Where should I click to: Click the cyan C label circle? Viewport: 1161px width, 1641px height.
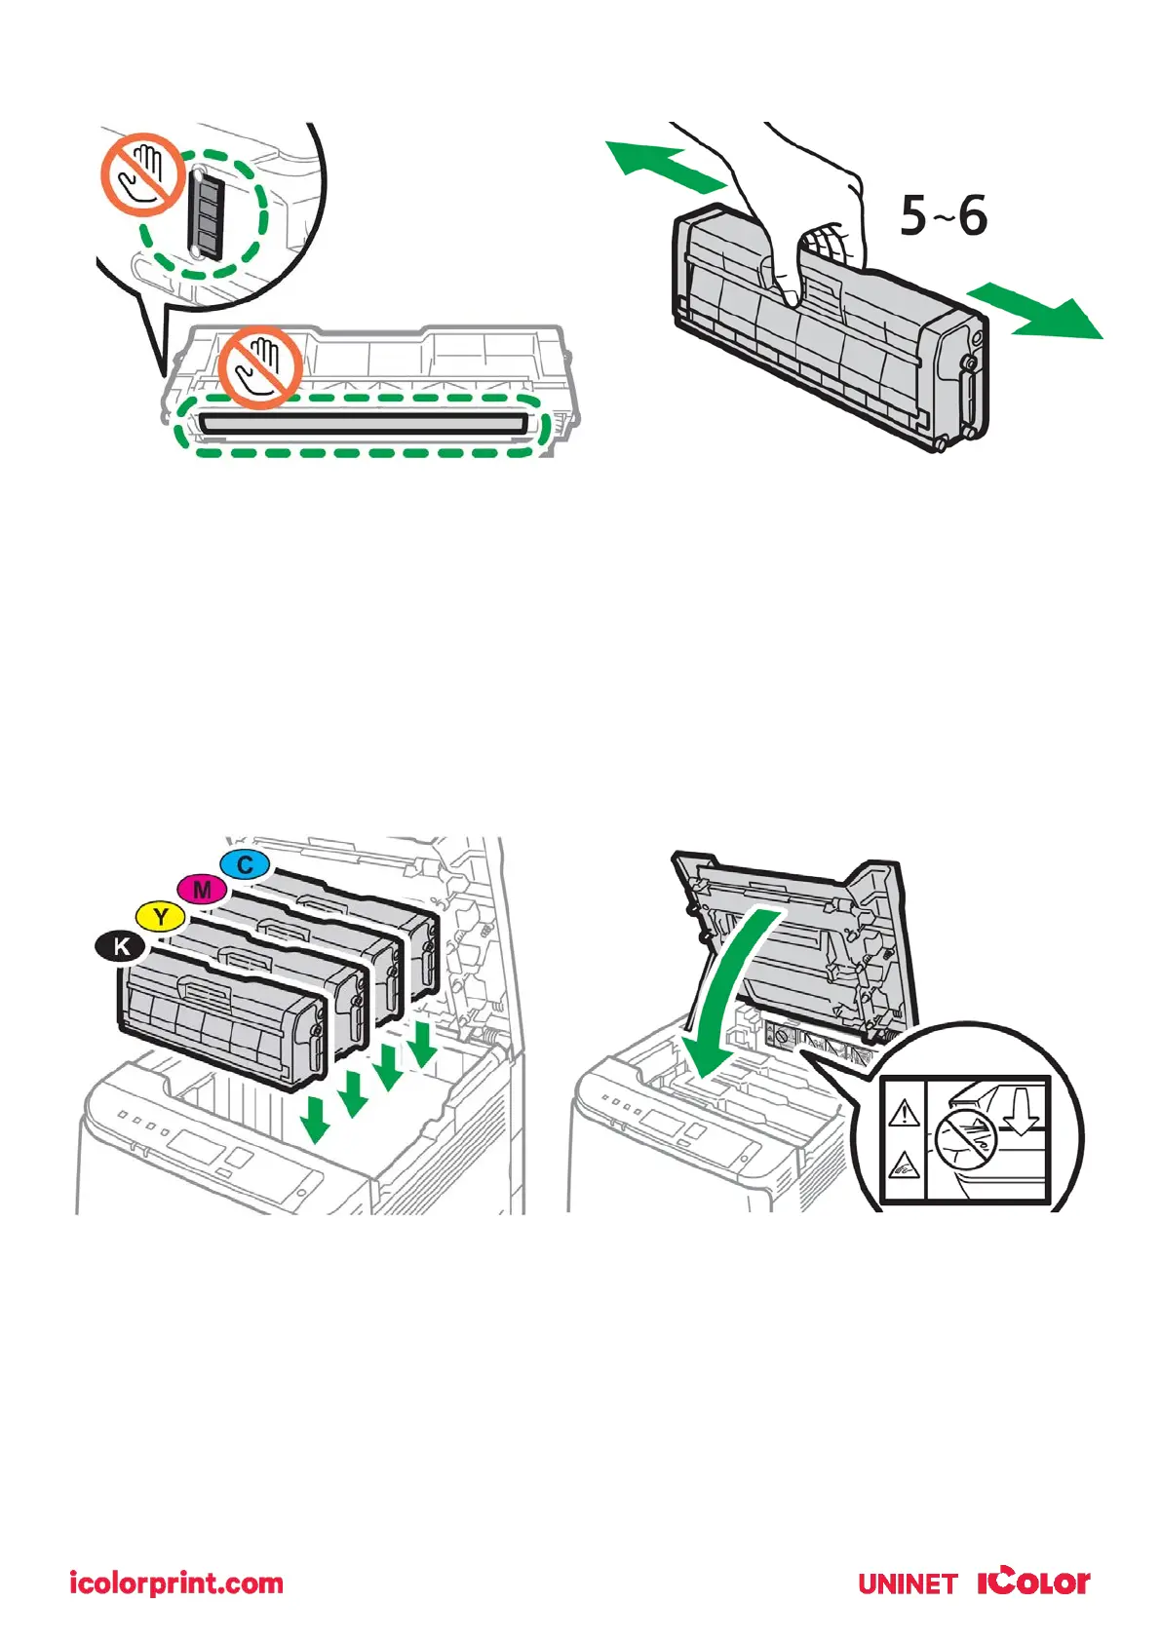click(245, 864)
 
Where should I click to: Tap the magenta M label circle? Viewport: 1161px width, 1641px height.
click(202, 890)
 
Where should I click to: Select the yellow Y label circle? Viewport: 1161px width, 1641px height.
click(161, 917)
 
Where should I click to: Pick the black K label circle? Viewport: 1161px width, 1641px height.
click(120, 946)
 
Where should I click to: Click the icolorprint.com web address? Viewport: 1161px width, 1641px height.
click(176, 1583)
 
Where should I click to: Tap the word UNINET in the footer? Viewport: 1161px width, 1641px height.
click(908, 1584)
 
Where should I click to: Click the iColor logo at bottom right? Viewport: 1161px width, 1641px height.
click(1033, 1581)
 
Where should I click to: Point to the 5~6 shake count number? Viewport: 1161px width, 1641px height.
click(943, 215)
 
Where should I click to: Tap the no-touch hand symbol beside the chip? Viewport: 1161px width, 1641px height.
click(143, 174)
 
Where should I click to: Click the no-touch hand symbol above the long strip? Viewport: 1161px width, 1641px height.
click(258, 366)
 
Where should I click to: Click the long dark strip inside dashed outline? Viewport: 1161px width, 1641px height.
click(363, 424)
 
